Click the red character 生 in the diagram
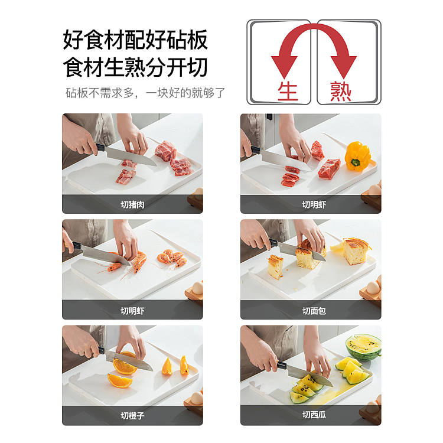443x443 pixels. click(x=288, y=91)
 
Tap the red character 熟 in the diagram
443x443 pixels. click(x=341, y=91)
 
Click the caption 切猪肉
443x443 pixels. click(x=132, y=204)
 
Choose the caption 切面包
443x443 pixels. click(x=314, y=311)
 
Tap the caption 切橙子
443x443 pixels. click(x=132, y=416)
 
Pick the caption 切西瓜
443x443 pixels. click(x=314, y=415)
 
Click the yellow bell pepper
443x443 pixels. click(x=358, y=156)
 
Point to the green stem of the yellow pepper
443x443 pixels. click(x=356, y=162)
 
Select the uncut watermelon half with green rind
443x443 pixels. click(x=364, y=347)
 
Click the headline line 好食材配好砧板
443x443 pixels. click(x=135, y=40)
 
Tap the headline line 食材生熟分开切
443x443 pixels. click(x=135, y=67)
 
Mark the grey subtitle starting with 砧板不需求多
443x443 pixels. click(x=145, y=93)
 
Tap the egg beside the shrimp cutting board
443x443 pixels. click(x=197, y=288)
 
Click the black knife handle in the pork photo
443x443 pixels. click(x=100, y=148)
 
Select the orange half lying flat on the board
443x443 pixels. click(x=119, y=380)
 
